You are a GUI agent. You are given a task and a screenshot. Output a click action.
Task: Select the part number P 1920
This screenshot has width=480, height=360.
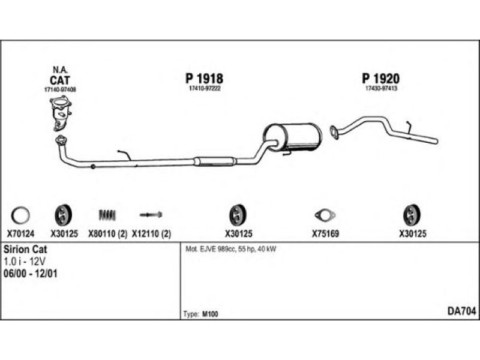pyautogui.click(x=381, y=78)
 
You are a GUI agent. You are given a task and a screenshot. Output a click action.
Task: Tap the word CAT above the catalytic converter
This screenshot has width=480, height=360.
pyautogui.click(x=60, y=80)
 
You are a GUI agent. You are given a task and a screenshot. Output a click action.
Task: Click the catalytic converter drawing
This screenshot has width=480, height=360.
pyautogui.click(x=61, y=114)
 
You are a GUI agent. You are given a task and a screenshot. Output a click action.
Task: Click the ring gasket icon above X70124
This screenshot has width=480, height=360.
pyautogui.click(x=20, y=214)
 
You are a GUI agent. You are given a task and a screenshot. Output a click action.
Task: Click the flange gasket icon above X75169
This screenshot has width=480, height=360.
pyautogui.click(x=325, y=214)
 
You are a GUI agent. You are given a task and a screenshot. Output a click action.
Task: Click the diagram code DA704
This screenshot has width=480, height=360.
pyautogui.click(x=462, y=311)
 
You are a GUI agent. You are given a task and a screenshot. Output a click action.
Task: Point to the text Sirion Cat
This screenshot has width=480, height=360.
pyautogui.click(x=26, y=249)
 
